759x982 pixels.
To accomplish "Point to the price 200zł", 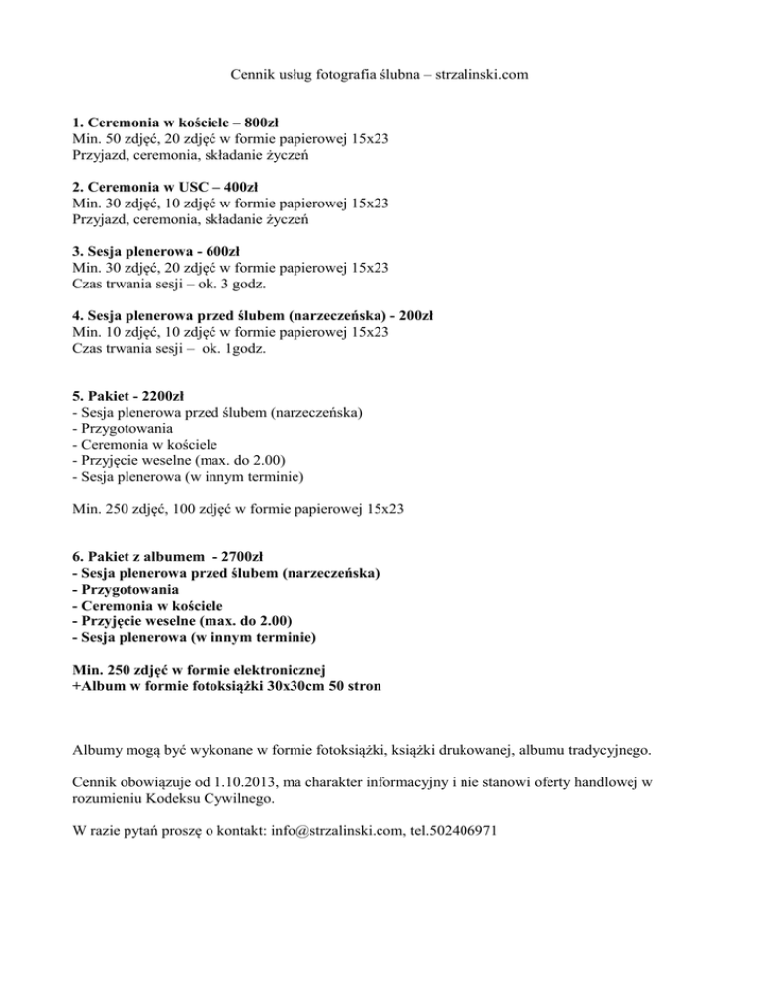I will (x=416, y=316).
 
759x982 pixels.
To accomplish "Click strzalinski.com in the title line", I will (x=473, y=74).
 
